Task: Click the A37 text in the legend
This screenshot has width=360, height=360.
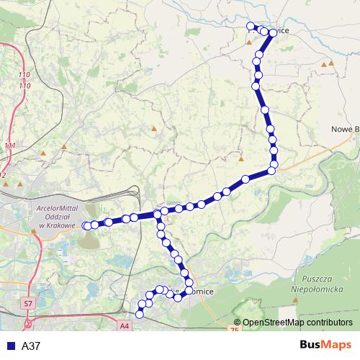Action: (31, 346)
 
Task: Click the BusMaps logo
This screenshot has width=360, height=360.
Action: (322, 345)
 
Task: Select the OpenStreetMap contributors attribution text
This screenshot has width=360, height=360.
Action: (297, 323)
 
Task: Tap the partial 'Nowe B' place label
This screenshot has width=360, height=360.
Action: (345, 129)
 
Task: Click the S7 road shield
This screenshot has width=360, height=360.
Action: (28, 305)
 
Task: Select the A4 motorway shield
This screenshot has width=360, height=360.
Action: (125, 326)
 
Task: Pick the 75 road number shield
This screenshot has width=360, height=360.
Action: (233, 329)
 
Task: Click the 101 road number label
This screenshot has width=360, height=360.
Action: (9, 146)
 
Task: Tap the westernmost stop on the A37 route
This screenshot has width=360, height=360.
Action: (86, 225)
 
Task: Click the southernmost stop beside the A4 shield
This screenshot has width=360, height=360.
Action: (140, 314)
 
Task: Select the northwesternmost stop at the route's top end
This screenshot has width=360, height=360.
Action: (251, 27)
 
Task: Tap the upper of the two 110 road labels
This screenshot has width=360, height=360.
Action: (25, 76)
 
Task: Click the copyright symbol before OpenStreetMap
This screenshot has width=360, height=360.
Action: (238, 323)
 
